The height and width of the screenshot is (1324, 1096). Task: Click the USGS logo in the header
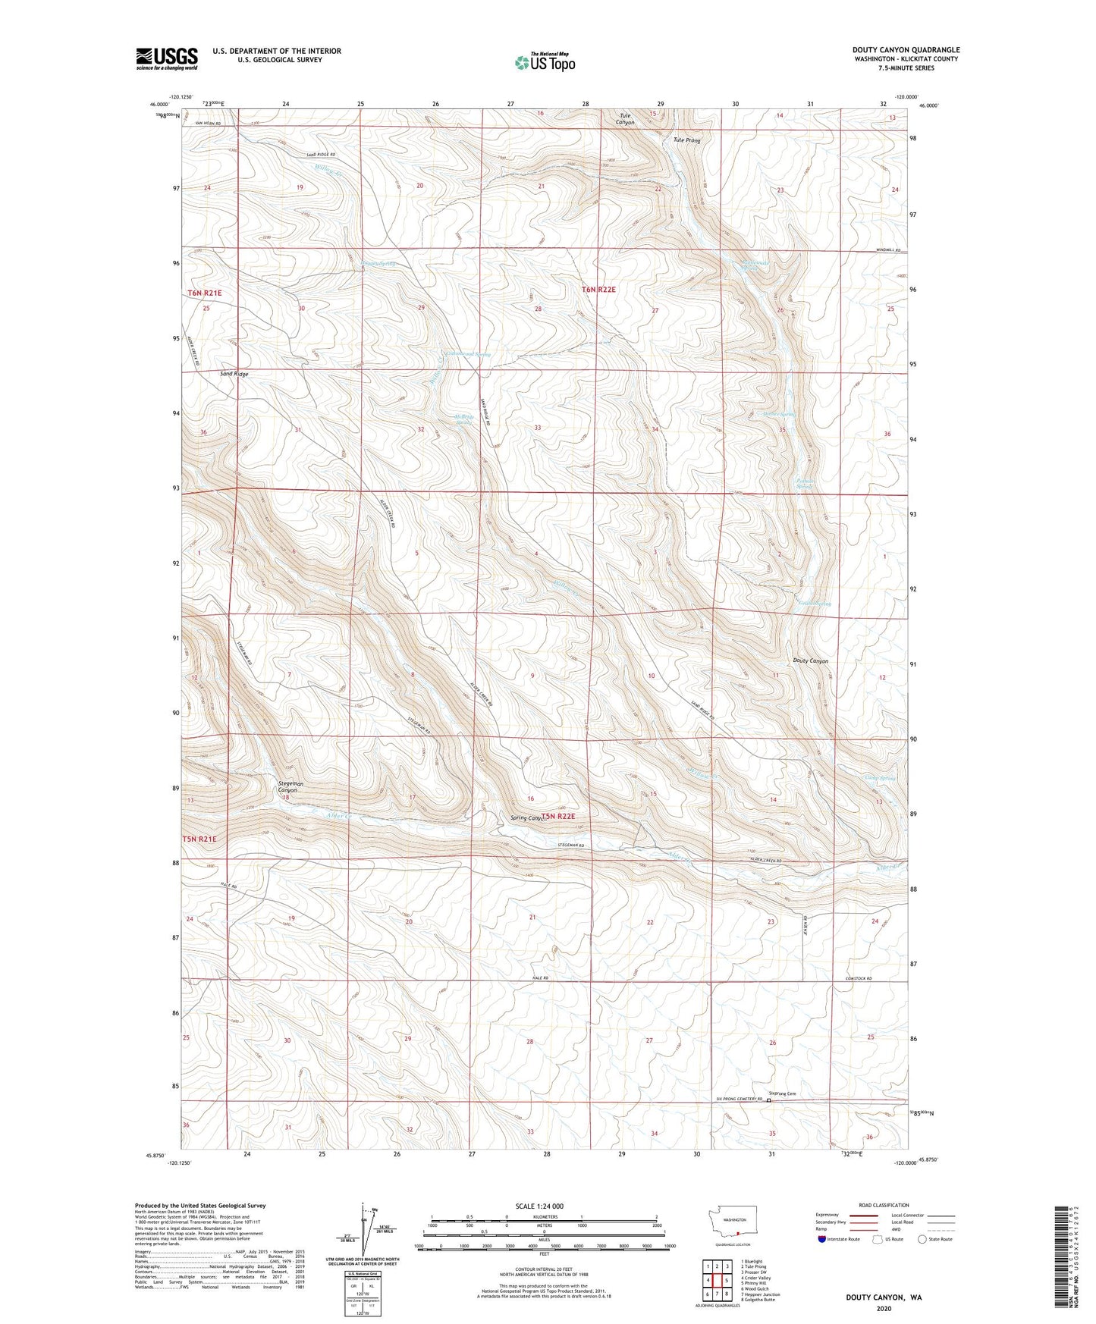click(167, 58)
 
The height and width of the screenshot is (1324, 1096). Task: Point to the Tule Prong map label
click(687, 140)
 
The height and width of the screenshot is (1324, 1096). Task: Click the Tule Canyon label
click(625, 119)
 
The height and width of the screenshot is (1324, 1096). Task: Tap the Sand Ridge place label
click(234, 374)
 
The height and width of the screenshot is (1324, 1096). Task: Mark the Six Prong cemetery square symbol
click(768, 1100)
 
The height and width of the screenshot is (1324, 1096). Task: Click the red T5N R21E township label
click(199, 839)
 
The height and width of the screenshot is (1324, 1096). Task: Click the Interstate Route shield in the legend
click(824, 1239)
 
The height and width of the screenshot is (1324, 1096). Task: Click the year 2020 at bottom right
click(884, 1308)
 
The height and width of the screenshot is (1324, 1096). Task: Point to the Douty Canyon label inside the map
click(810, 661)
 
